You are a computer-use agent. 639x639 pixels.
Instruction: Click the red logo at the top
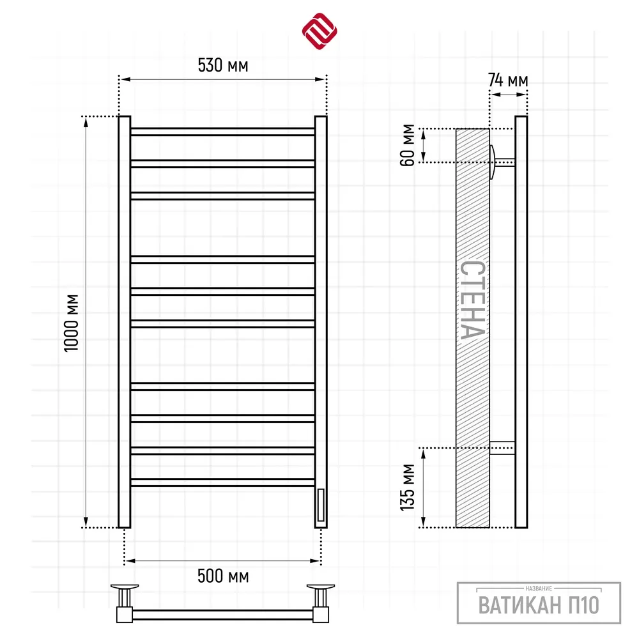coord(319,31)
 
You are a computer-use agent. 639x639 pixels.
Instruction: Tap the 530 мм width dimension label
coord(223,65)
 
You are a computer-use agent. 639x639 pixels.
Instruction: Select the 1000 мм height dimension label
coord(72,323)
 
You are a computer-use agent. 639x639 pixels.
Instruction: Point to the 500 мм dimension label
coord(223,576)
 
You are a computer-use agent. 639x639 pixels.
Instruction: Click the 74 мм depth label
coord(508,81)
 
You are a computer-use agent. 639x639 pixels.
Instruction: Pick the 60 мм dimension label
coord(407,145)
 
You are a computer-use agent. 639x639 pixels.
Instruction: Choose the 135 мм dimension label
coord(407,488)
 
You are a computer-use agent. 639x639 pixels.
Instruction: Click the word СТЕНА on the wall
coord(473,300)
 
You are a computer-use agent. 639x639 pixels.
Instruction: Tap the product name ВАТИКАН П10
coord(539,605)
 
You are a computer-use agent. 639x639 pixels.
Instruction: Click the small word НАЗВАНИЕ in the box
coord(539,589)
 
